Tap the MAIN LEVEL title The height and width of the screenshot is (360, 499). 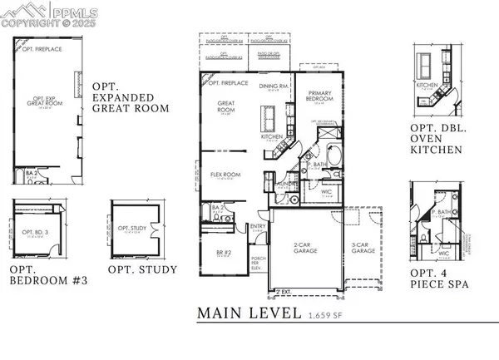(249, 313)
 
